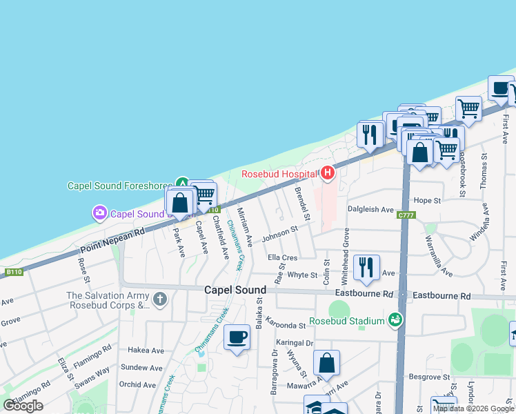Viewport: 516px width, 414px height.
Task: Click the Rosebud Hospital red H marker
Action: point(328,173)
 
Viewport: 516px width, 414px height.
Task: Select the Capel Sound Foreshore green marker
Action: point(182,183)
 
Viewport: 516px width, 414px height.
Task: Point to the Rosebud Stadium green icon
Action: point(395,319)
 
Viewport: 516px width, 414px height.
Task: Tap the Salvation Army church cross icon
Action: point(160,299)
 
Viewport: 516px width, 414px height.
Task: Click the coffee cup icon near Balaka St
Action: point(237,337)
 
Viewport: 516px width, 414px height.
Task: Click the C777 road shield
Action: point(405,216)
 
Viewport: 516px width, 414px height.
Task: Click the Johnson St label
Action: point(280,235)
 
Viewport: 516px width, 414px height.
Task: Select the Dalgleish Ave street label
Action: point(370,209)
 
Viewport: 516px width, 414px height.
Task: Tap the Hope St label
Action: point(427,200)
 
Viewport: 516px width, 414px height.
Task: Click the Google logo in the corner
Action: point(23,406)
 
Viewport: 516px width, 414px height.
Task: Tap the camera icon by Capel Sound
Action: point(100,213)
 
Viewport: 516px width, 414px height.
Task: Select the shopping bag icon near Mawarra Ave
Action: point(327,362)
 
